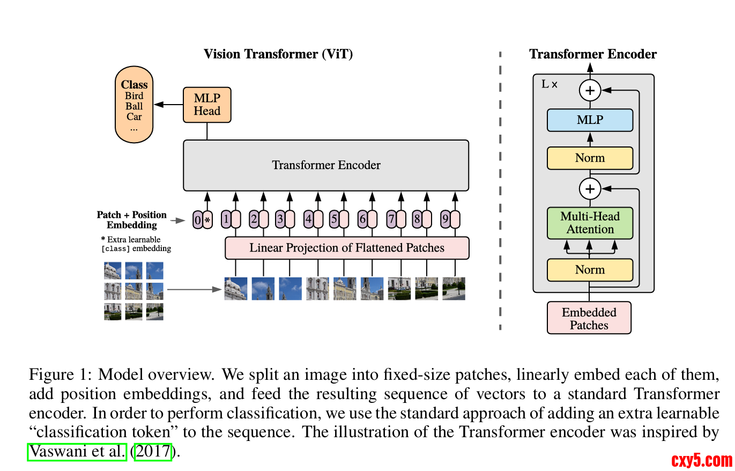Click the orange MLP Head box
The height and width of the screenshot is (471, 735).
pyautogui.click(x=207, y=105)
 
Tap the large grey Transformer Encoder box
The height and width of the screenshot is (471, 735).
pyautogui.click(x=326, y=165)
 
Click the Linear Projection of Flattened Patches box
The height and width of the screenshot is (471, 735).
pyautogui.click(x=347, y=248)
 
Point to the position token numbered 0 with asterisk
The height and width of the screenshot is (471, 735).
pyautogui.click(x=203, y=220)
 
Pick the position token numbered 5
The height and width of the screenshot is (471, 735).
pyautogui.click(x=339, y=219)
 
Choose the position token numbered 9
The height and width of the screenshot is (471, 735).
pyautogui.click(x=450, y=219)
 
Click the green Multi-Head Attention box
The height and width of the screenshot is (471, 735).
pyautogui.click(x=590, y=223)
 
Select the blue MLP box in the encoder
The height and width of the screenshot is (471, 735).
pyautogui.click(x=590, y=120)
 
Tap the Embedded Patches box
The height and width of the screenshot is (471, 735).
pyautogui.click(x=589, y=318)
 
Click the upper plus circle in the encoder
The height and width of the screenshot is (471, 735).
pyautogui.click(x=590, y=91)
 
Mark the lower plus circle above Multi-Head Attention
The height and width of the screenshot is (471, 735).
pyautogui.click(x=590, y=189)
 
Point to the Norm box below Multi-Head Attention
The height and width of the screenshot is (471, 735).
pyautogui.click(x=590, y=270)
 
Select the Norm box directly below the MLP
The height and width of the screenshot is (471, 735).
pyautogui.click(x=590, y=158)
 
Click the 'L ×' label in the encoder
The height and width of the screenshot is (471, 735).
pyautogui.click(x=550, y=84)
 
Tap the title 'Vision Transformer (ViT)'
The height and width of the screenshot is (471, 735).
pyautogui.click(x=278, y=54)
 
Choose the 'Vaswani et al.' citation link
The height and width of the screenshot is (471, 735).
pyautogui.click(x=77, y=452)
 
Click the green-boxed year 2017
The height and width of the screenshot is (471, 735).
pyautogui.click(x=154, y=452)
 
